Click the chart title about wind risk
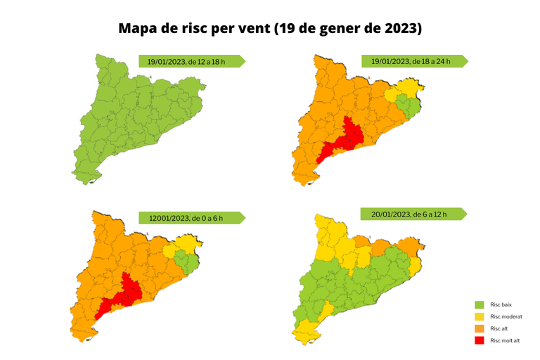coord(270,29)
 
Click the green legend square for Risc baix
coord(480,305)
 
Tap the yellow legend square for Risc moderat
coord(480,317)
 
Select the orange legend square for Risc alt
coord(480,328)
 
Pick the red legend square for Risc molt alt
coord(480,340)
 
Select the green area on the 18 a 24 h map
coord(406,106)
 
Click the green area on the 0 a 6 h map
coord(184,261)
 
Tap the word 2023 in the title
coord(396,29)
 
